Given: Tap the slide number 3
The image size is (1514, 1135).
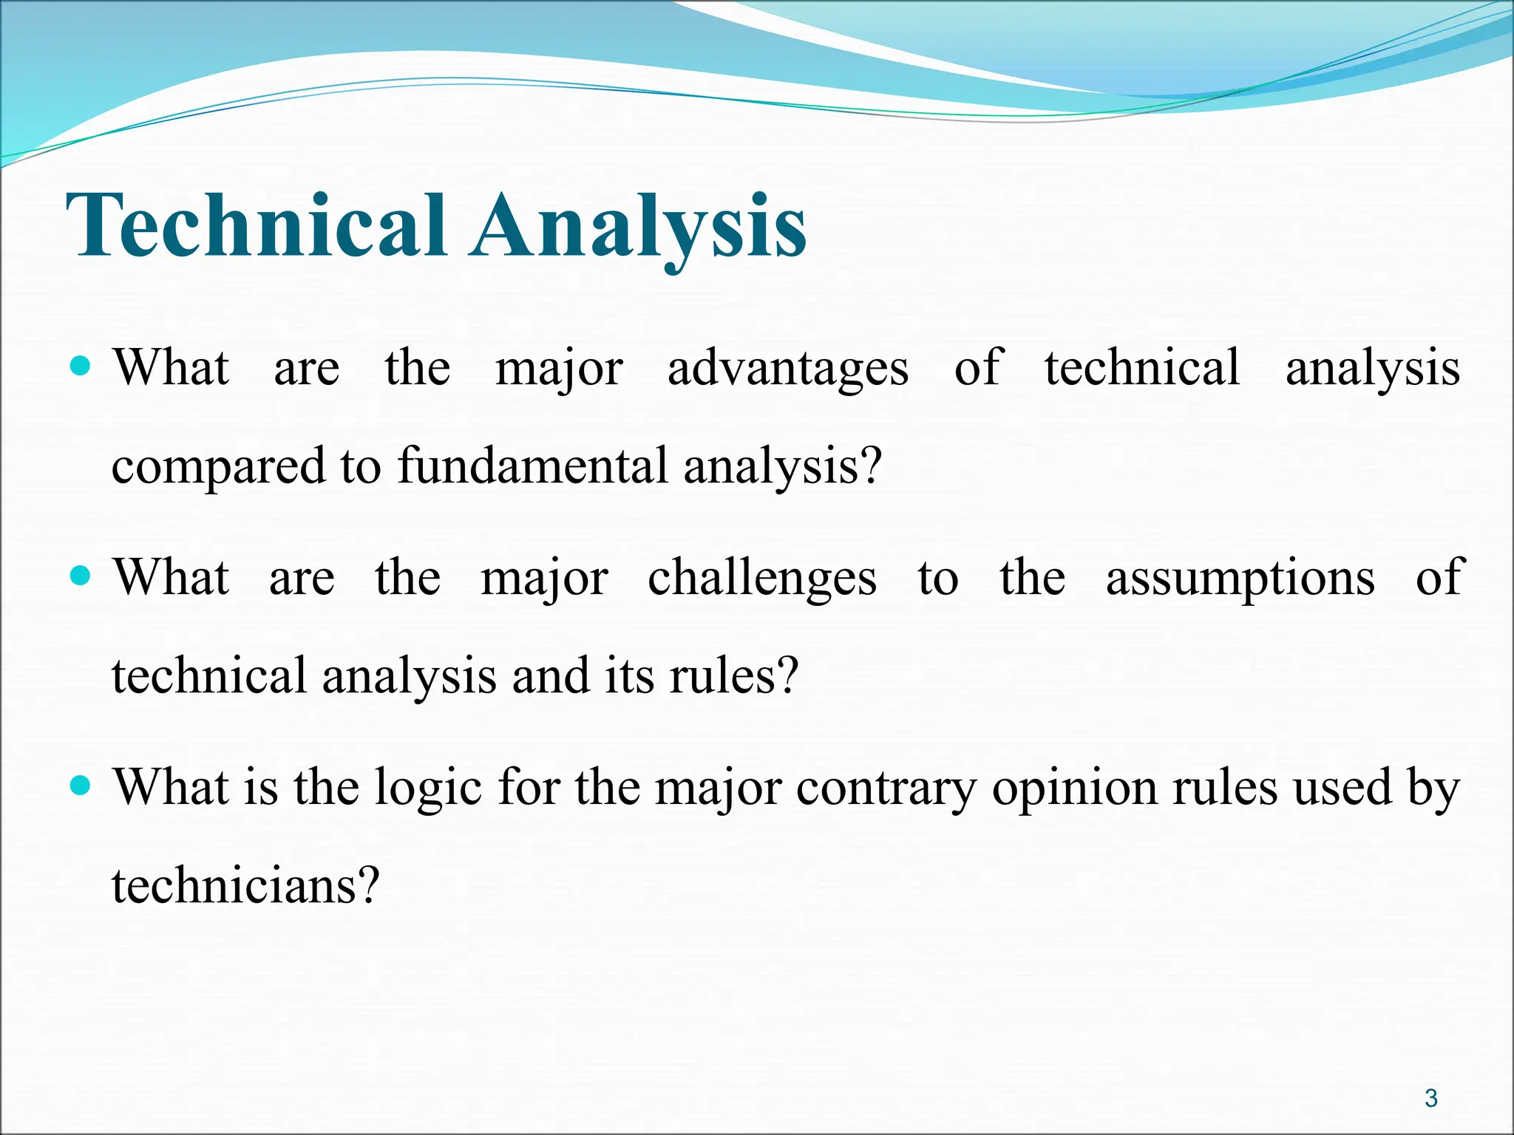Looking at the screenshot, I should (1431, 1099).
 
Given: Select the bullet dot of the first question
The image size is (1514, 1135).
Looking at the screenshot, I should (81, 366).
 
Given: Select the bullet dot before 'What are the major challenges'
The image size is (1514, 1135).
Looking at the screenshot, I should (81, 575).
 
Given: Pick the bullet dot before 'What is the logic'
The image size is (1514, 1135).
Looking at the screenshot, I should (81, 785).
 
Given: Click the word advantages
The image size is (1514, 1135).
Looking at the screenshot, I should (788, 368).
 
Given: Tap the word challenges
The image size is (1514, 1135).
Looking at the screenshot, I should (762, 578).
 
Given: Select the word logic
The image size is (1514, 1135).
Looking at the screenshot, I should (428, 788).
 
